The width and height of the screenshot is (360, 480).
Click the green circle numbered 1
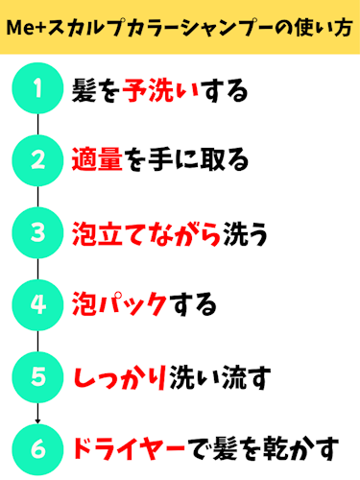point(37,89)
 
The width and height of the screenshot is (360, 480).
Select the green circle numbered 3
point(37,232)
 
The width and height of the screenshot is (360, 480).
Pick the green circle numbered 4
point(37,304)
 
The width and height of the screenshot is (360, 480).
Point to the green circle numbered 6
point(37,447)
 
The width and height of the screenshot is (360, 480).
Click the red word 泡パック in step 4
point(121,305)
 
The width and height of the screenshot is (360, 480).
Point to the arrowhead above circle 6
point(37,418)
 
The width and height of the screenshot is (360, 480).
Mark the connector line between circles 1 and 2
point(37,125)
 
